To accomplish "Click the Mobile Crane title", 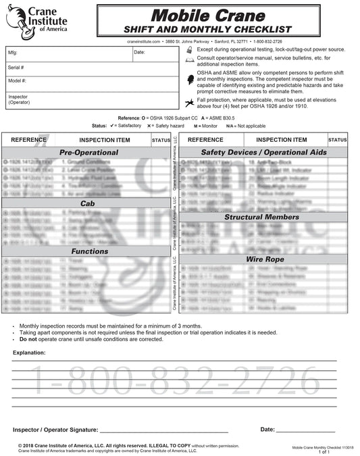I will [207, 15].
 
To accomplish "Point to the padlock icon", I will [189, 50].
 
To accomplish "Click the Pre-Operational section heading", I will [88, 153].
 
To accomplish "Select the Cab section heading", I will [88, 203].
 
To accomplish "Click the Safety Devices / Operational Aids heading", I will [263, 153].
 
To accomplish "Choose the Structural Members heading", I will [261, 218].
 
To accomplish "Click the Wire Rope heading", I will [264, 259].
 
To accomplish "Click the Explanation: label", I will [29, 353].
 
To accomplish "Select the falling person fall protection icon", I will [189, 103].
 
